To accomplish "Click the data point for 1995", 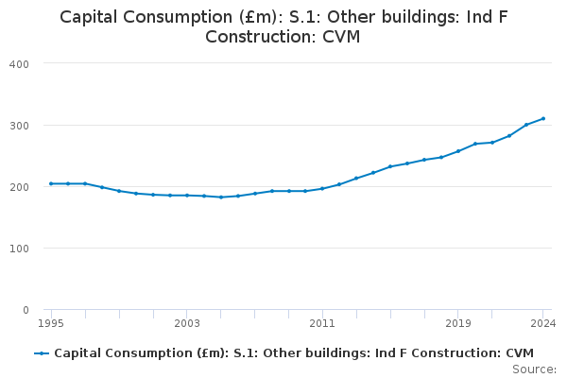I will coord(51,183).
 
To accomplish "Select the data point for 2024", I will coord(543,119).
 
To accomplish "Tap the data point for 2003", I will coord(187,196).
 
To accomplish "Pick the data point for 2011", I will coord(322,189).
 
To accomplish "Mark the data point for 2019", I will coord(458,151).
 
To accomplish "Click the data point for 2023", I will coord(526,125).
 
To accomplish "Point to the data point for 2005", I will coord(221,197).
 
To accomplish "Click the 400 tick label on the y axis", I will coord(19,63).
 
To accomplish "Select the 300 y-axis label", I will coord(19,126).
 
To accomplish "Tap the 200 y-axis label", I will coord(19,187).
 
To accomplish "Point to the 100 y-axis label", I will coord(19,249).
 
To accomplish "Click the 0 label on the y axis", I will coord(26,310).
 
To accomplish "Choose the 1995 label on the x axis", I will coord(51,323).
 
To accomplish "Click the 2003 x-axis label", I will coord(187,323).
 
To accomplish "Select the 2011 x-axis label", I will coord(322,323).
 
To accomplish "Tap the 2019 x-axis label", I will coord(458,323).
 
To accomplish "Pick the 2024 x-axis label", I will coord(543,323).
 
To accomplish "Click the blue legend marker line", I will coord(42,353).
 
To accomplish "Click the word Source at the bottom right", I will coord(534,369).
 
